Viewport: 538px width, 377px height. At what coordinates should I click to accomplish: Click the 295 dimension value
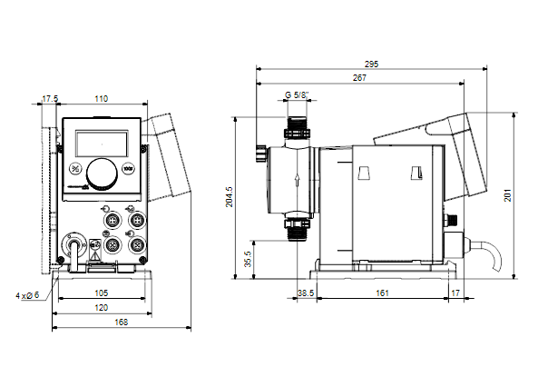(371, 64)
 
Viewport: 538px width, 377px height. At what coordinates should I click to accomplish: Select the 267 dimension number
(359, 78)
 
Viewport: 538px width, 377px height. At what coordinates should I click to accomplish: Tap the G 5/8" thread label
(297, 94)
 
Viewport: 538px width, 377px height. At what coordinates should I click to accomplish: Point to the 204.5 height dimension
(229, 197)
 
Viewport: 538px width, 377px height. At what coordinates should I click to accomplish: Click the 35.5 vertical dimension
(248, 259)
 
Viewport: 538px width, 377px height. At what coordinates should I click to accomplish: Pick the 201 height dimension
(507, 195)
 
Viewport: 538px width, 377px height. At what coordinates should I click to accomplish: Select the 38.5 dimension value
(306, 293)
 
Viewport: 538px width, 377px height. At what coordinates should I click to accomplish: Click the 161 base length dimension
(382, 293)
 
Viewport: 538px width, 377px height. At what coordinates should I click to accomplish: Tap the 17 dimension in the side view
(455, 293)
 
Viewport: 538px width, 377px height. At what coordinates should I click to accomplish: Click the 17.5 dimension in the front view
(50, 99)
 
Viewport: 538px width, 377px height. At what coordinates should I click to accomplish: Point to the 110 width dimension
(102, 99)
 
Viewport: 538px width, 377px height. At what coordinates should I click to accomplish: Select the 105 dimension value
(102, 293)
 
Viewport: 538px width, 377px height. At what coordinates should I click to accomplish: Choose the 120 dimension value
(102, 308)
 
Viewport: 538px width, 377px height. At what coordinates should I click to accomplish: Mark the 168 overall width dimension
(122, 322)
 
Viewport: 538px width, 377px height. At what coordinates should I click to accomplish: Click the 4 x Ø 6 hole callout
(27, 295)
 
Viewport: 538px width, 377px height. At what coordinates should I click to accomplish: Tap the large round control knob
(102, 174)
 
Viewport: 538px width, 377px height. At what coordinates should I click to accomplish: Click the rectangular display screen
(102, 144)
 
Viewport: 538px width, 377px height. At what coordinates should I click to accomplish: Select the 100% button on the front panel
(128, 169)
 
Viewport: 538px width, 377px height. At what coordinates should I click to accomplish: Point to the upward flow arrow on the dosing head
(298, 181)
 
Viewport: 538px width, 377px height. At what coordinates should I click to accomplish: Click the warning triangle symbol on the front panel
(94, 255)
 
